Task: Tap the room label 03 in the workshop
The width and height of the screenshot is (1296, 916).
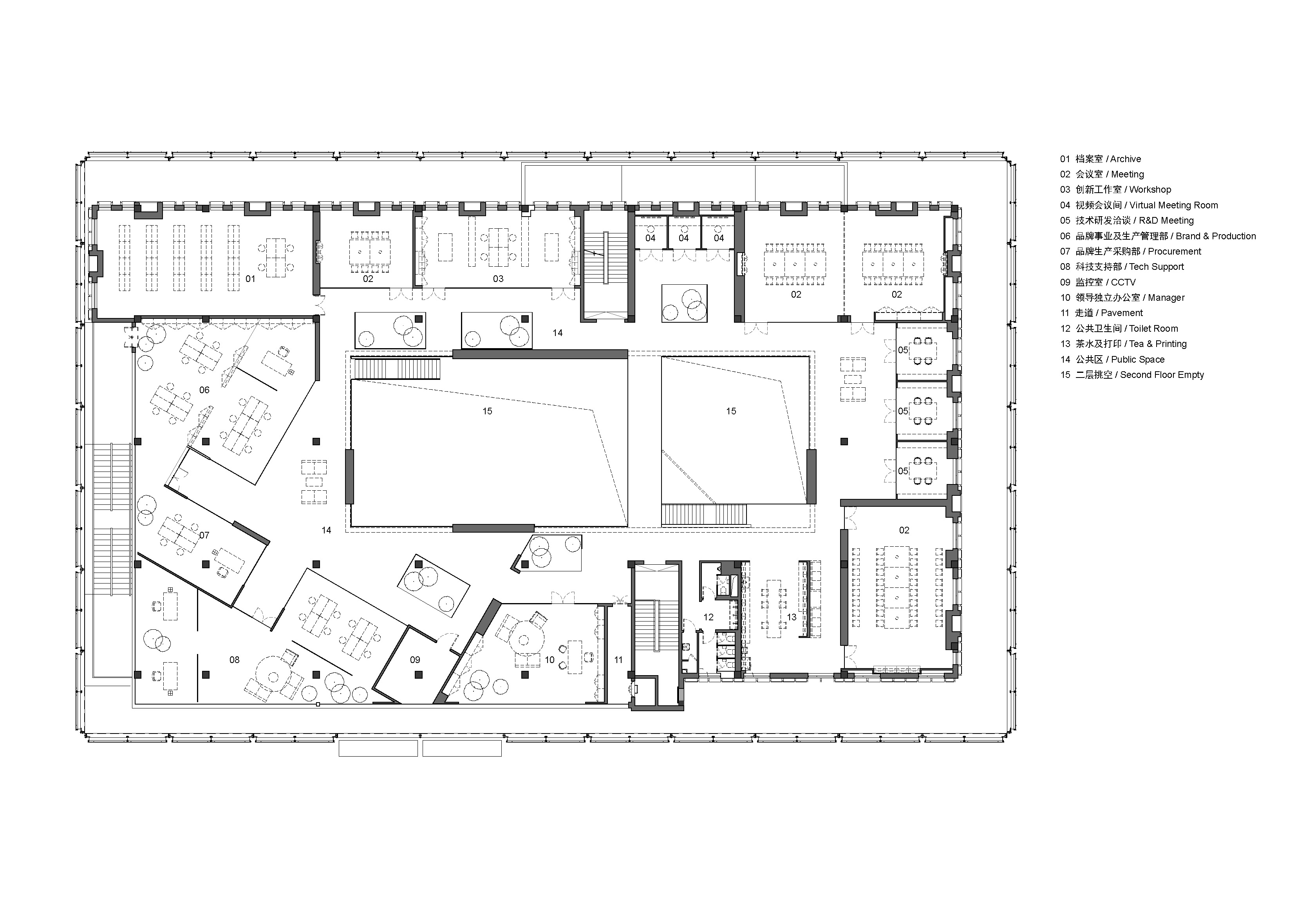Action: pyautogui.click(x=498, y=279)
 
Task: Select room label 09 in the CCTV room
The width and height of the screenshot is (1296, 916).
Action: pyautogui.click(x=415, y=660)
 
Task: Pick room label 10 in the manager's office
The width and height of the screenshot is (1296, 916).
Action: pyautogui.click(x=549, y=660)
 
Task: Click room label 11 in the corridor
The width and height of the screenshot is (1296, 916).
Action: pyautogui.click(x=619, y=660)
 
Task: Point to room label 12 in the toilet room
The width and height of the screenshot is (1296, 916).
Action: pyautogui.click(x=709, y=618)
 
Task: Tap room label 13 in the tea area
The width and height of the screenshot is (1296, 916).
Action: pyautogui.click(x=792, y=618)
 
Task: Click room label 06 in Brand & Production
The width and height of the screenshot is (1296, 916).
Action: pyautogui.click(x=204, y=390)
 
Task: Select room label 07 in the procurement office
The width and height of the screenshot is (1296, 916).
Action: pyautogui.click(x=204, y=535)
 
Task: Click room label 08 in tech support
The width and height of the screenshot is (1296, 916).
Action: pyautogui.click(x=234, y=660)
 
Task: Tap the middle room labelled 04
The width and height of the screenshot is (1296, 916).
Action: pyautogui.click(x=683, y=238)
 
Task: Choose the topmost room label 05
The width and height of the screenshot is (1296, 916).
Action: pyautogui.click(x=903, y=351)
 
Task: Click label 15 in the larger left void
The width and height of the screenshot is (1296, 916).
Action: pyautogui.click(x=487, y=412)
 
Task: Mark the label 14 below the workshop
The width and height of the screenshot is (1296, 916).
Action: pyautogui.click(x=558, y=333)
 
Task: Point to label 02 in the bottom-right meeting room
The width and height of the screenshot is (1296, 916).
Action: pyautogui.click(x=904, y=530)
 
